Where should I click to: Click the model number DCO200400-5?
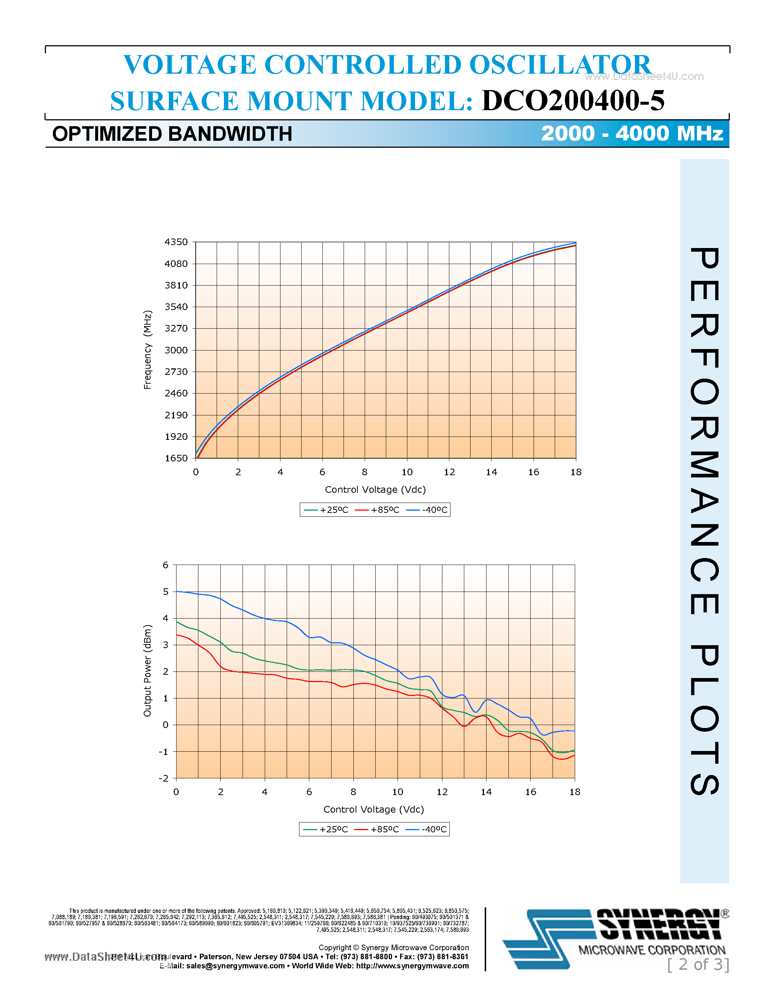[573, 101]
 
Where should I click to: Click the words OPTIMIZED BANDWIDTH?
[172, 134]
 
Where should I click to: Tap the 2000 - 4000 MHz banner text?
[632, 133]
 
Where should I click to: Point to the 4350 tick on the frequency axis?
[176, 242]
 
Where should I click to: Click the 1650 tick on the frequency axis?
[176, 458]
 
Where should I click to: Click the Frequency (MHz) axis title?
[147, 350]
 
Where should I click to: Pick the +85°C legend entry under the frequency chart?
[377, 510]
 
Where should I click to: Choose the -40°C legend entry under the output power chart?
[427, 829]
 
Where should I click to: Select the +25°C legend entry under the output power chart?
[326, 829]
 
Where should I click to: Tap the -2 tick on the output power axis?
[163, 778]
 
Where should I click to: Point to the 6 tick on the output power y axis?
[166, 565]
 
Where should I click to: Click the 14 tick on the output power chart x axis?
[486, 792]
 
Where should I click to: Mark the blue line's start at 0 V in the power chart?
[177, 592]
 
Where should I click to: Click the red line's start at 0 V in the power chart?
[177, 635]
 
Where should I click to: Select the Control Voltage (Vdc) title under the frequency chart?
[375, 489]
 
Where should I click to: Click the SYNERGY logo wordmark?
[660, 925]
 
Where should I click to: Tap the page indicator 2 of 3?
[698, 965]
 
